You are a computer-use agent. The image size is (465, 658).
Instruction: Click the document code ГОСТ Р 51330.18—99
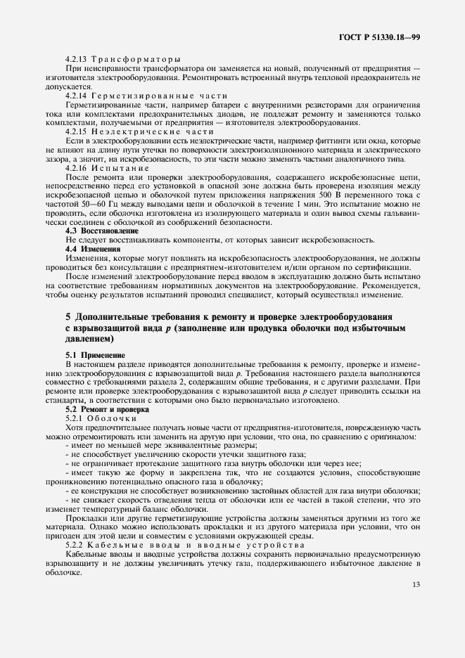tap(381, 36)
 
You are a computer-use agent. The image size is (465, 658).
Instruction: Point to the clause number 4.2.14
tap(77, 94)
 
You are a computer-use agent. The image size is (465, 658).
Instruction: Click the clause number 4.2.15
tap(77, 131)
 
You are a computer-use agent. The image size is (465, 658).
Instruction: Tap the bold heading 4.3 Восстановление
tap(101, 231)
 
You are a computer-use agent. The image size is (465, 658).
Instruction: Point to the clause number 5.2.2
tap(75, 545)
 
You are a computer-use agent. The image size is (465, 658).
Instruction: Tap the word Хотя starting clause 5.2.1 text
tap(75, 427)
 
